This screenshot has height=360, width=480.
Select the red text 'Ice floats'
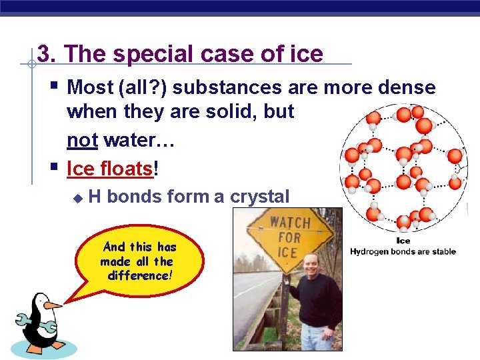pos(110,169)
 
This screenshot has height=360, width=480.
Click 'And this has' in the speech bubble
pos(139,247)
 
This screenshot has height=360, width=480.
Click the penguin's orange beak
pos(52,305)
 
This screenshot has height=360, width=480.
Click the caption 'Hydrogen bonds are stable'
pos(403,251)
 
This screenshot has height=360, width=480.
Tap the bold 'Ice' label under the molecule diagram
pos(403,241)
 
